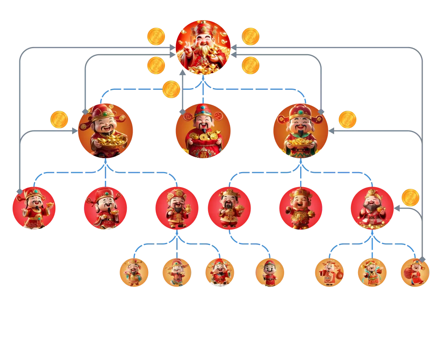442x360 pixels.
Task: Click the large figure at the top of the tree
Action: tap(203, 47)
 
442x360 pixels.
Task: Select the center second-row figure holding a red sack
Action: tap(203, 131)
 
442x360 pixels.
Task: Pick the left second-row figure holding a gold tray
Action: tap(105, 130)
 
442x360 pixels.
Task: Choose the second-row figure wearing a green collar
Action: tap(300, 130)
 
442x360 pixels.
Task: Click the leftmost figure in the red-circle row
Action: tap(34, 208)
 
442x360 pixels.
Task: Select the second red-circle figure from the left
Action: tap(105, 208)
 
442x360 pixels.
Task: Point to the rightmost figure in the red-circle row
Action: tap(371, 208)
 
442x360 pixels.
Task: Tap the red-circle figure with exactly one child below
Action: tap(229, 208)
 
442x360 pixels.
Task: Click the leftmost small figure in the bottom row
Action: tap(133, 273)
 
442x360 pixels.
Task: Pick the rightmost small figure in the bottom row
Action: tap(415, 272)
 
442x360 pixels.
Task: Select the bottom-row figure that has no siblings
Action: tap(270, 273)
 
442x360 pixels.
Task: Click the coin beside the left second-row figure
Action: tap(59, 120)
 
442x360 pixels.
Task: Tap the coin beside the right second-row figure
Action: tap(348, 120)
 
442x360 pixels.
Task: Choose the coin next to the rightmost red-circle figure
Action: tap(410, 198)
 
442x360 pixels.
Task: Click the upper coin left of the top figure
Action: tap(156, 37)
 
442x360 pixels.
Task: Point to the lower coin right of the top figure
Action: tap(251, 65)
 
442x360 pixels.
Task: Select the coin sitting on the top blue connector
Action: tap(171, 89)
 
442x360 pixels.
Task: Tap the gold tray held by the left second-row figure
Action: tap(110, 141)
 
